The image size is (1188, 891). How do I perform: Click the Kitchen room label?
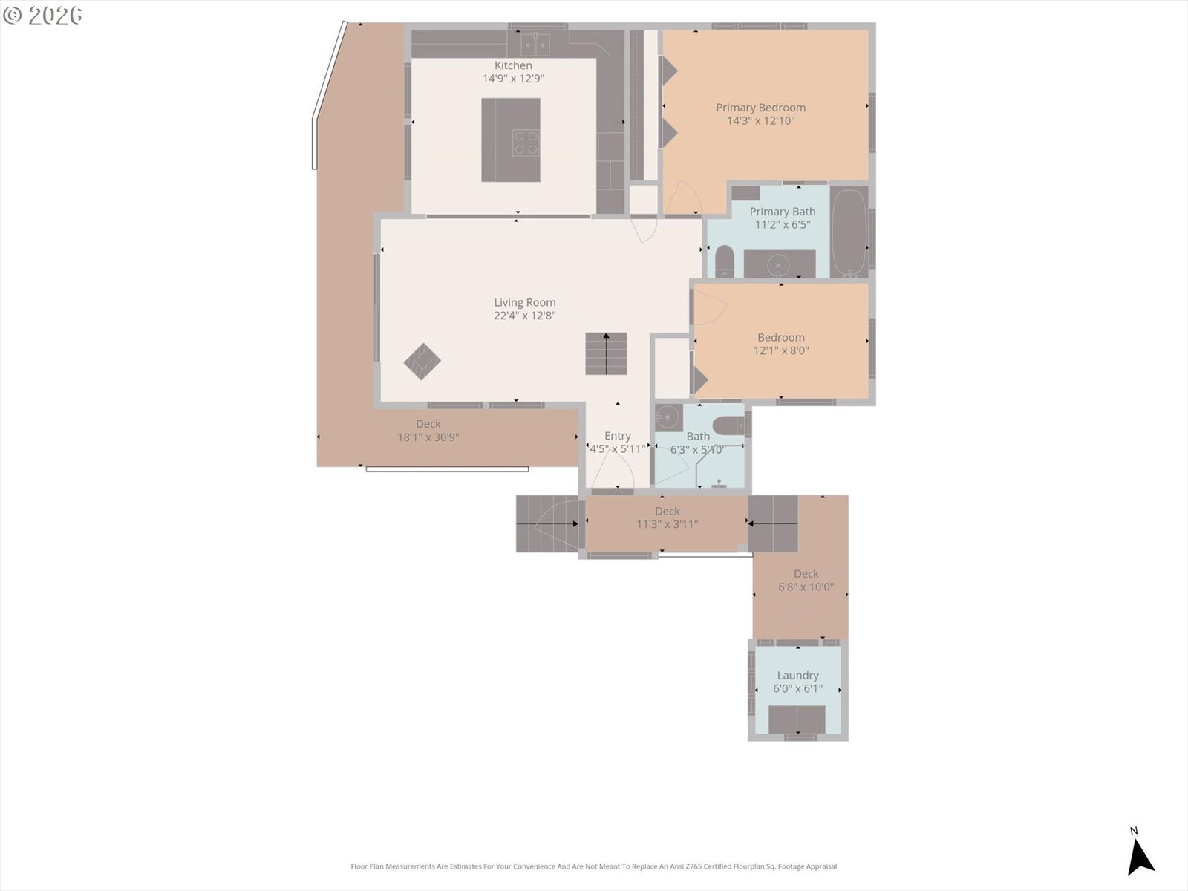tap(513, 65)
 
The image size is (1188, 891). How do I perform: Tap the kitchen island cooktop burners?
tap(526, 143)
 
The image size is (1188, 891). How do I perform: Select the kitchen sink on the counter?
tap(535, 44)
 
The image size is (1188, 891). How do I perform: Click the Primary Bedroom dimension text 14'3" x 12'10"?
tap(760, 120)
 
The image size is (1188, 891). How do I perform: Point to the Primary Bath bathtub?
tap(849, 232)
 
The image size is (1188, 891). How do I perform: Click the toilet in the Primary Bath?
tap(724, 261)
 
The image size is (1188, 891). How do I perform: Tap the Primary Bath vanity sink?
tap(780, 265)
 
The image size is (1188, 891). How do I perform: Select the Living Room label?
tap(524, 302)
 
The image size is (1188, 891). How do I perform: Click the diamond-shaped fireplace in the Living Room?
tap(422, 362)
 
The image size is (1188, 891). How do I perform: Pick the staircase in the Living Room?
tap(606, 354)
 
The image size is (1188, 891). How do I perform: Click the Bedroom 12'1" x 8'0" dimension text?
tap(781, 350)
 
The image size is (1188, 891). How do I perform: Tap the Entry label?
tap(618, 436)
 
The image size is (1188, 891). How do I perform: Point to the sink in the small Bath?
tap(668, 417)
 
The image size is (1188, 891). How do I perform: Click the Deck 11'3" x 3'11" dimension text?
tap(668, 524)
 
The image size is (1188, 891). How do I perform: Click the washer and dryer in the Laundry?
tap(797, 719)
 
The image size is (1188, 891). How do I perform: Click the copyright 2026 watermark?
tap(43, 15)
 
